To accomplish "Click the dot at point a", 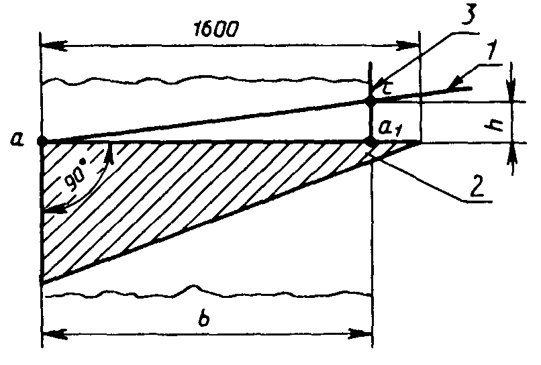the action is [x=42, y=142].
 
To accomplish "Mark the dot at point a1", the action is [x=370, y=142].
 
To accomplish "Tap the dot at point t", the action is [x=370, y=101].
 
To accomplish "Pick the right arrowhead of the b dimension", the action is [x=361, y=332].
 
